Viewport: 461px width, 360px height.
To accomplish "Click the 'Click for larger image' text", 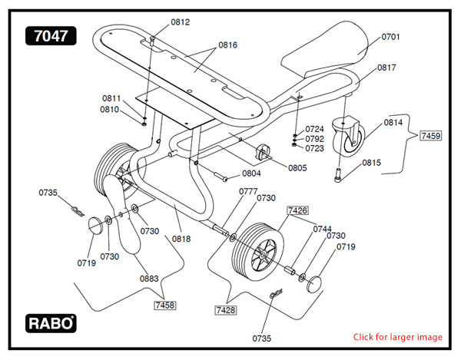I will pyautogui.click(x=397, y=337).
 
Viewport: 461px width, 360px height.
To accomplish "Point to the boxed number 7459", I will pyautogui.click(x=430, y=136).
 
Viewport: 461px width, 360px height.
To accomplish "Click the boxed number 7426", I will pyautogui.click(x=297, y=210).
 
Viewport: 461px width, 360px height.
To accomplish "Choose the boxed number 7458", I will pyautogui.click(x=164, y=305).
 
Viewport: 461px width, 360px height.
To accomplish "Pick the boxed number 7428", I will pyautogui.click(x=225, y=309).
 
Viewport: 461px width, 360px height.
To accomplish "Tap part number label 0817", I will pyautogui.click(x=386, y=68).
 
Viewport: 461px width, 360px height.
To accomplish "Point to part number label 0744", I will pyautogui.click(x=322, y=229).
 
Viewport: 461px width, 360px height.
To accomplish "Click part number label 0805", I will pyautogui.click(x=297, y=167).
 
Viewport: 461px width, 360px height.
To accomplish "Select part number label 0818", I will pyautogui.click(x=181, y=239).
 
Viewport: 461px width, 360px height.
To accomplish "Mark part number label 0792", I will pyautogui.click(x=314, y=139).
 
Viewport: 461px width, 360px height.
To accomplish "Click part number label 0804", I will pyautogui.click(x=251, y=173).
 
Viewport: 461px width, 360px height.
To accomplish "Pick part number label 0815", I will pyautogui.click(x=372, y=163).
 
